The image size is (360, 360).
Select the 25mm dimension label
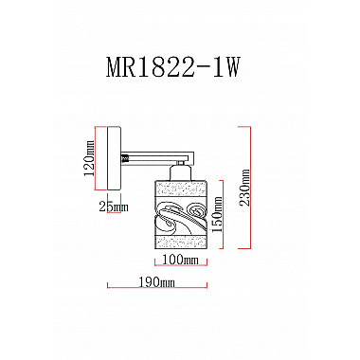click(113, 207)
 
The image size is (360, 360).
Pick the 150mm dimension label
click(216, 216)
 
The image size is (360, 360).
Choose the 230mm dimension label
click(244, 187)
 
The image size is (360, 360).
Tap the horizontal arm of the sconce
click(156, 152)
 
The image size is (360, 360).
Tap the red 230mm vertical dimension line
click(251, 187)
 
